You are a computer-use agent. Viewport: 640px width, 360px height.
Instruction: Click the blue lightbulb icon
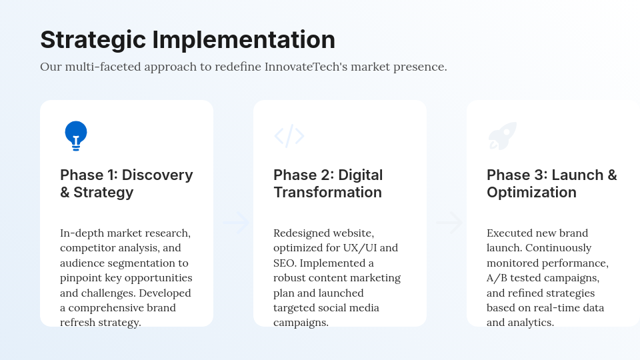click(x=76, y=135)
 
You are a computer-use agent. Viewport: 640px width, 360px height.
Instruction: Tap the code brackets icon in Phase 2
click(x=289, y=136)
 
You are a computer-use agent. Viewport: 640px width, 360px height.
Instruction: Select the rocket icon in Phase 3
click(x=502, y=136)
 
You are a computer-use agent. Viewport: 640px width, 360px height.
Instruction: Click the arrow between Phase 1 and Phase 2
click(x=236, y=223)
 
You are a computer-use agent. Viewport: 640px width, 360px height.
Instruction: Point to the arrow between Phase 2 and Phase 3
click(x=449, y=223)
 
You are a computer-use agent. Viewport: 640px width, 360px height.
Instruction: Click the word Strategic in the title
click(x=93, y=40)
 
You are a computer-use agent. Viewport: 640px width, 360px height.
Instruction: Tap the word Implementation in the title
click(x=244, y=40)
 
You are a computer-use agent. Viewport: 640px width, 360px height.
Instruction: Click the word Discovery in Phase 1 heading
click(x=157, y=175)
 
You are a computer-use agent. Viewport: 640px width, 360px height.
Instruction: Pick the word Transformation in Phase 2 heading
click(x=327, y=192)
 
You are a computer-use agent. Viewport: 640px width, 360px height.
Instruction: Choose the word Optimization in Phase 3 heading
click(x=531, y=192)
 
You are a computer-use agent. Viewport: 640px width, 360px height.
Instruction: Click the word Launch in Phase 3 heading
click(x=577, y=175)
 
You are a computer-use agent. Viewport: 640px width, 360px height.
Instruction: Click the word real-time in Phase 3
click(x=557, y=307)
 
